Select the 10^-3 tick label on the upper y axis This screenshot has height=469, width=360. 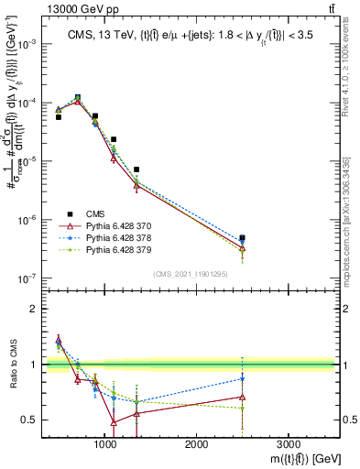(x=27, y=44)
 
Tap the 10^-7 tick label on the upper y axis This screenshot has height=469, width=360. (x=27, y=278)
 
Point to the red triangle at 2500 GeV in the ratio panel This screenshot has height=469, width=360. (x=242, y=397)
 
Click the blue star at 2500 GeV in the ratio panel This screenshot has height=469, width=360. (x=242, y=377)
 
